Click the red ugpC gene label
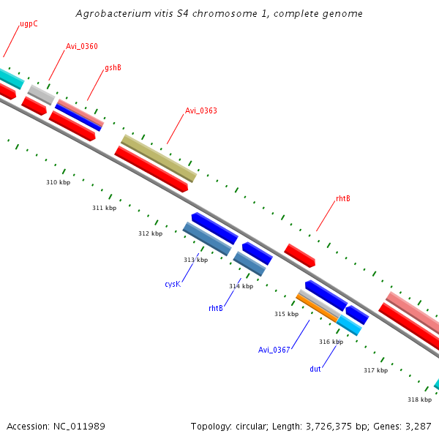pos(29,23)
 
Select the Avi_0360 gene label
pos(81,47)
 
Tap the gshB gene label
pos(113,68)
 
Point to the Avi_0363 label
pos(200,111)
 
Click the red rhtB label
pos(342,199)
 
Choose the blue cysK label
pos(172,284)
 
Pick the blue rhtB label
pos(216,309)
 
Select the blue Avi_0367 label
pos(274,350)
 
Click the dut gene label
pos(315,369)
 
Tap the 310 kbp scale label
pos(59,182)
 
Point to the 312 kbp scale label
pos(150,233)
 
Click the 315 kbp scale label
pos(286,314)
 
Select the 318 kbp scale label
pos(419,399)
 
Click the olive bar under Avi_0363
pos(159,158)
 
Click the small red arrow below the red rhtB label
pos(299,255)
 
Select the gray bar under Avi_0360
pos(41,94)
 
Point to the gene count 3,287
pos(417,426)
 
